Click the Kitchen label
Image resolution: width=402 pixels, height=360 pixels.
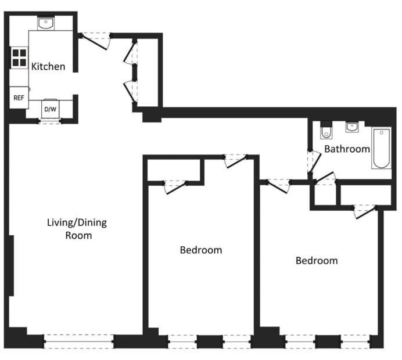(x=48, y=67)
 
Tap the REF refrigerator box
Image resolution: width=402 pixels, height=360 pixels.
(x=19, y=98)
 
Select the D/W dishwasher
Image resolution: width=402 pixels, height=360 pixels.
(x=50, y=109)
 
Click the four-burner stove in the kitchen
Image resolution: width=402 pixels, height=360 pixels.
(x=20, y=57)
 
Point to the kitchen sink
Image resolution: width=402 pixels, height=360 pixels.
(x=46, y=23)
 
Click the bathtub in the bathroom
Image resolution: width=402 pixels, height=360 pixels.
(x=382, y=149)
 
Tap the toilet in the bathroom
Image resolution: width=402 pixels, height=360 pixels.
(x=326, y=131)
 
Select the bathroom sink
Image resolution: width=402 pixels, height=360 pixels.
(x=352, y=127)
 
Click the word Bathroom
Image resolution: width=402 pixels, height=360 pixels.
(x=347, y=149)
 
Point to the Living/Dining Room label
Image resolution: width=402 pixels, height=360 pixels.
(x=77, y=229)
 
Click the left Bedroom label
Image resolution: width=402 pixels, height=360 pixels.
(x=201, y=250)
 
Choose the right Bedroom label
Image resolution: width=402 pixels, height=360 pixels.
(x=317, y=261)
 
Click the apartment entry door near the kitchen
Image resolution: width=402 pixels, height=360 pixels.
(x=95, y=41)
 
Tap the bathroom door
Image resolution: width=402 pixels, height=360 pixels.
(x=314, y=162)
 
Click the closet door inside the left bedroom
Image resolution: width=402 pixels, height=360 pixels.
(x=175, y=187)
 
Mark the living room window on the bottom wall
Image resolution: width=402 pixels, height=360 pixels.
(x=78, y=341)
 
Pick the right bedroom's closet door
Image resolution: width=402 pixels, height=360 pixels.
(x=365, y=211)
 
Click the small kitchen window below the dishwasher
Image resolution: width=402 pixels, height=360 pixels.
(x=50, y=121)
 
